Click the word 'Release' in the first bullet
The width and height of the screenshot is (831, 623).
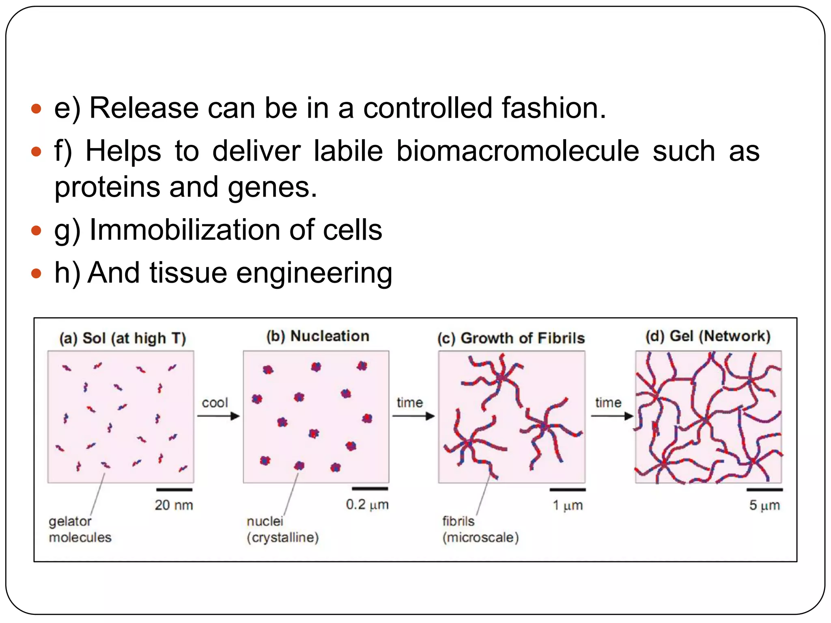[x=144, y=108]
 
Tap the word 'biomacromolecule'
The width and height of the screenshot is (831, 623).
[x=517, y=151]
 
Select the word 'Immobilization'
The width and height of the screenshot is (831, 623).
[x=185, y=230]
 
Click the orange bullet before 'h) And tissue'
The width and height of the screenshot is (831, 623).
[x=37, y=273]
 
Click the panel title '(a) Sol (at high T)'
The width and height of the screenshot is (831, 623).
[x=123, y=338]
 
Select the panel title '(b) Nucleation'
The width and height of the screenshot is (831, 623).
[x=318, y=336]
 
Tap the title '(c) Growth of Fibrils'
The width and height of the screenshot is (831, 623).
[x=511, y=338]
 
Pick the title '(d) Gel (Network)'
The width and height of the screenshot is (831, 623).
[x=708, y=336]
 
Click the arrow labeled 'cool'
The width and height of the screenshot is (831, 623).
[x=218, y=416]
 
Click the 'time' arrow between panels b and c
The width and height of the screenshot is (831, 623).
[x=413, y=416]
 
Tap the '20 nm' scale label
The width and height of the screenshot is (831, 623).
[x=174, y=505]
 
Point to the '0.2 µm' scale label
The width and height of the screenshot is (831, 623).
[x=367, y=505]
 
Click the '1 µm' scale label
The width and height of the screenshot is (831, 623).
[x=568, y=505]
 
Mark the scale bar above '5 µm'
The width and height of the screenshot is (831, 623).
[x=764, y=490]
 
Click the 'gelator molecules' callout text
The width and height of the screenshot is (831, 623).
[x=80, y=529]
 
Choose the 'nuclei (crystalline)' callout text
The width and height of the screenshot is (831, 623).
[x=282, y=529]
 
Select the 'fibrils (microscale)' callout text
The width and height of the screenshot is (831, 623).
[x=480, y=529]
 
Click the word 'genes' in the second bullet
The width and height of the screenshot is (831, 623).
[x=272, y=187]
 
